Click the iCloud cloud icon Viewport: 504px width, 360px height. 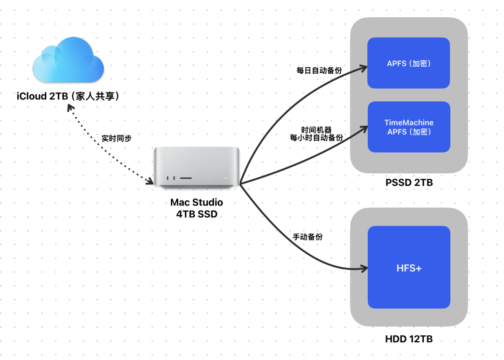(x=69, y=61)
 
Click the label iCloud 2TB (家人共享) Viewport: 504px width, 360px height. (x=69, y=96)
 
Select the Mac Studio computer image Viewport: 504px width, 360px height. (x=197, y=168)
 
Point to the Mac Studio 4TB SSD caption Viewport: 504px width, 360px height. (x=196, y=208)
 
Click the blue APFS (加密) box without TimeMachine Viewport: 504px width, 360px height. (x=408, y=63)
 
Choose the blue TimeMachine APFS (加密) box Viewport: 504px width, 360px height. (x=409, y=127)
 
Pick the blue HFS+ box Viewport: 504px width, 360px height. (x=409, y=268)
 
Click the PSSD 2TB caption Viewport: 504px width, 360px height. (x=409, y=183)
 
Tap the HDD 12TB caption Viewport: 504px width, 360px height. (x=409, y=339)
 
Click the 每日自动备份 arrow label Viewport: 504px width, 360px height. (x=319, y=71)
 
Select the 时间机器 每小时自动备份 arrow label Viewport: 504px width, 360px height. (x=316, y=134)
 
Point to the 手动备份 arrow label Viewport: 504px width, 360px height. (x=308, y=237)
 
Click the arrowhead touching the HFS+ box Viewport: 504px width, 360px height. (x=364, y=268)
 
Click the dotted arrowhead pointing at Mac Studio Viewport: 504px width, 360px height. (x=150, y=181)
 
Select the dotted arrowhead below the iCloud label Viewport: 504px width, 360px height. (x=70, y=108)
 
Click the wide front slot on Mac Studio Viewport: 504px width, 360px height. (x=186, y=178)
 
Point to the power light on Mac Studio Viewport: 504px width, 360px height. (x=225, y=178)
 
